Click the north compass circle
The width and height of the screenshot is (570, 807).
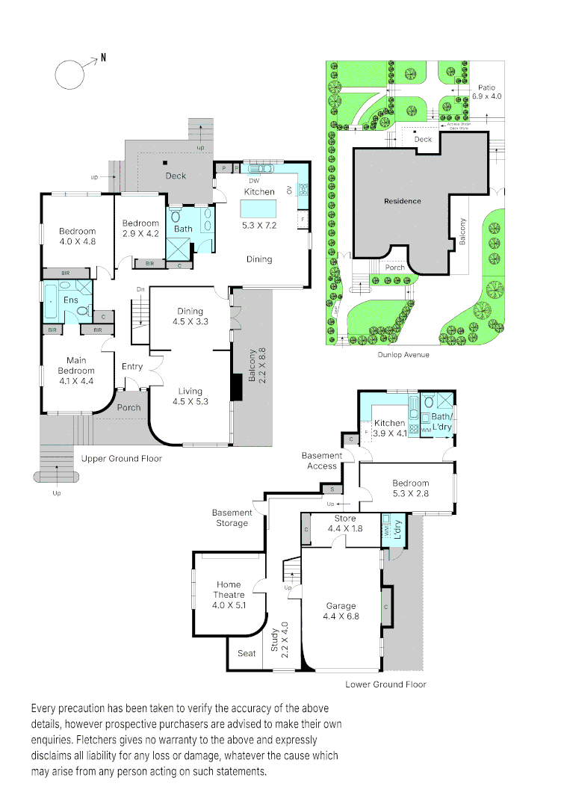[x=69, y=74]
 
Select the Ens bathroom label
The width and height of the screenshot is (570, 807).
[x=70, y=300]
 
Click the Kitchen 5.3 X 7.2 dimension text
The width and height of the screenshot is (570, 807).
[x=258, y=224]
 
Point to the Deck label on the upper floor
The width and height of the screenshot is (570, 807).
[x=176, y=176]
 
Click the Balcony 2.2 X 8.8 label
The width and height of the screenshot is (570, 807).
[x=253, y=366]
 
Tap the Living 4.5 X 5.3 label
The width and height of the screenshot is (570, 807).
[x=190, y=395]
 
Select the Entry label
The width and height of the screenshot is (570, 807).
[x=131, y=366]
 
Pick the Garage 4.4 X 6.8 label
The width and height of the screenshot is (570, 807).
[x=341, y=611]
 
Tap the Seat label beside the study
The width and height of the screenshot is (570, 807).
[x=247, y=653]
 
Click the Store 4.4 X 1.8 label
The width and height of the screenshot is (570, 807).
[x=345, y=523]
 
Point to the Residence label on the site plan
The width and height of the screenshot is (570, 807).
[x=403, y=201]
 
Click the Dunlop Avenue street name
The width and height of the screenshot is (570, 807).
[x=403, y=354]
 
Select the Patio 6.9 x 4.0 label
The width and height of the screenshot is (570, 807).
[x=487, y=91]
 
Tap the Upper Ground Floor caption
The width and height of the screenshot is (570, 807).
[x=121, y=458]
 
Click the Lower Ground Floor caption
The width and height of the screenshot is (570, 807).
[x=385, y=684]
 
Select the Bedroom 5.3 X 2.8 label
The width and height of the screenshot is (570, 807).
[x=411, y=488]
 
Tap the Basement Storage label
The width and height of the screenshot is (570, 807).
[x=232, y=518]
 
